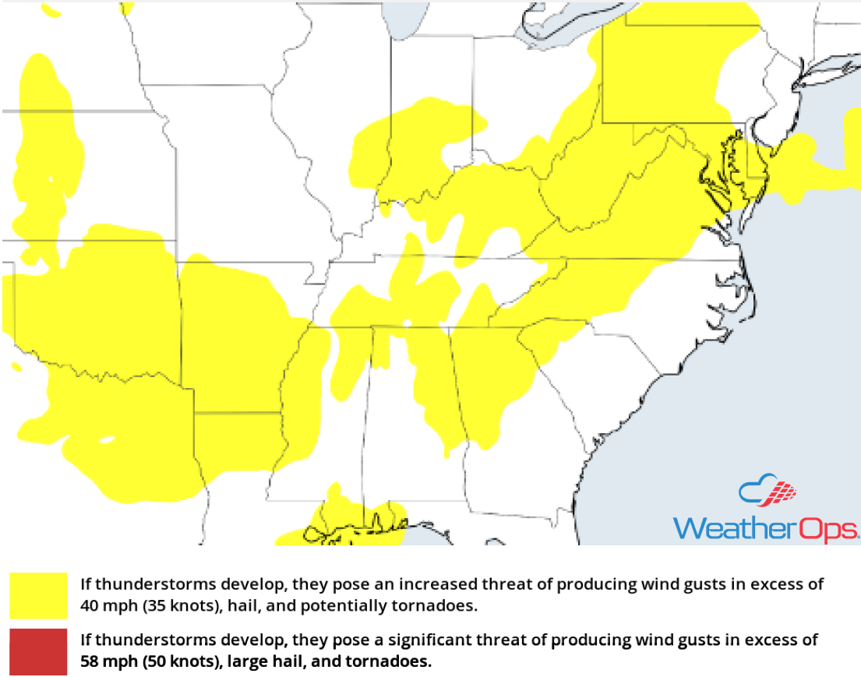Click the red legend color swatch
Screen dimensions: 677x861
[x=38, y=653]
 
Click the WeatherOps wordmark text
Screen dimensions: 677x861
[x=766, y=527]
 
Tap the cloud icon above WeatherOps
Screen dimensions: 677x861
[x=767, y=490]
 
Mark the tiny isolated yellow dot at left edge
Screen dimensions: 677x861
[x=16, y=365]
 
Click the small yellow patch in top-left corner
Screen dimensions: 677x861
[x=51, y=9]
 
